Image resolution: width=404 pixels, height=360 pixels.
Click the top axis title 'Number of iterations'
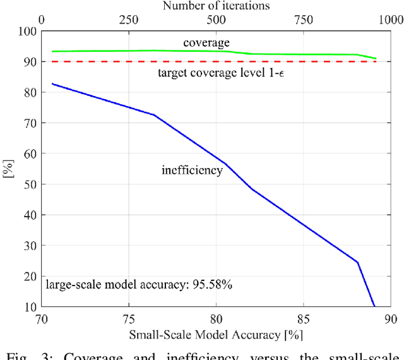click(x=216, y=6)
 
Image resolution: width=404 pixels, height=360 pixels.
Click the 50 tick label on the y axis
click(x=28, y=184)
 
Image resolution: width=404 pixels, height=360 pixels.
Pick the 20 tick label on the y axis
click(x=28, y=276)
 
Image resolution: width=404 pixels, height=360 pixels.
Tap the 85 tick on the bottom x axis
click(x=303, y=320)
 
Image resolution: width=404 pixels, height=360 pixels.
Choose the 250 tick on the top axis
click(x=129, y=20)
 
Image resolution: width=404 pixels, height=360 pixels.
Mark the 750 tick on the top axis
click(x=303, y=20)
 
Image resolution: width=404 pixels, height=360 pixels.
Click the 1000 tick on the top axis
click(x=388, y=20)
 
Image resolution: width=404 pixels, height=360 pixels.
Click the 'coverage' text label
click(x=206, y=42)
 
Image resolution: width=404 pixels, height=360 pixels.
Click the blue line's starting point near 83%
click(x=52, y=83)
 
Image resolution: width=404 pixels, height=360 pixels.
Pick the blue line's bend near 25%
click(x=357, y=262)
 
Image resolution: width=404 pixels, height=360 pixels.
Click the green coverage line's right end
click(x=376, y=59)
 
